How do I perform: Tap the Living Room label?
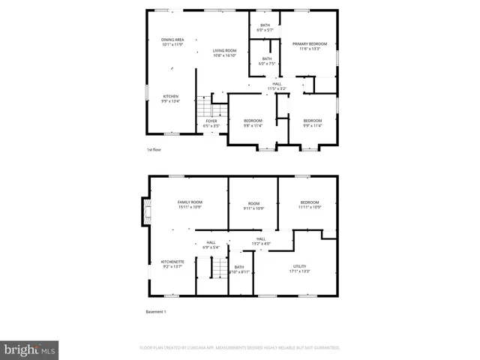pyautogui.click(x=224, y=52)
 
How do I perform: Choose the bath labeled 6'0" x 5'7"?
pyautogui.click(x=265, y=28)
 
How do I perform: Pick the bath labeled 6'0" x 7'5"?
pyautogui.click(x=267, y=61)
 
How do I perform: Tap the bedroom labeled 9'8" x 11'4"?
pyautogui.click(x=253, y=123)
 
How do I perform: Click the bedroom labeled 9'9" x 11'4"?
pyautogui.click(x=312, y=123)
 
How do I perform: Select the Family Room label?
pyautogui.click(x=190, y=204)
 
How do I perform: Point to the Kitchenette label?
pyautogui.click(x=172, y=264)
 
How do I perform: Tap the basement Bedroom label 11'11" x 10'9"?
pyautogui.click(x=310, y=204)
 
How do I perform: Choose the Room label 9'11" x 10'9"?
pyautogui.click(x=253, y=204)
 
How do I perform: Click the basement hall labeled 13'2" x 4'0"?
pyautogui.click(x=261, y=241)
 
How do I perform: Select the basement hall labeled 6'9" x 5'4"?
pyautogui.click(x=211, y=244)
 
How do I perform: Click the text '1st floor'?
pyautogui.click(x=154, y=150)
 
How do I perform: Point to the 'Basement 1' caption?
pyautogui.click(x=156, y=311)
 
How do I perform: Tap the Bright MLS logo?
pyautogui.click(x=30, y=349)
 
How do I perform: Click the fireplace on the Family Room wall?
pyautogui.click(x=145, y=211)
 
